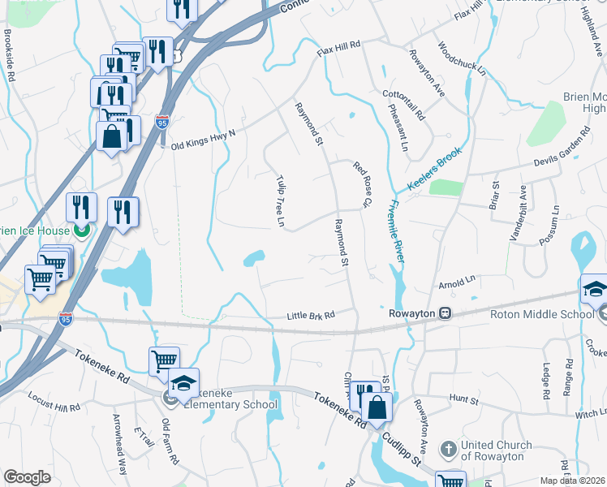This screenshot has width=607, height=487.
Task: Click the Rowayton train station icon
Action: (x=445, y=312)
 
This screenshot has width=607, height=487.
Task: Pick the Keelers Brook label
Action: (x=434, y=170)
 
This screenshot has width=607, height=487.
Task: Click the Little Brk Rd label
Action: (x=312, y=316)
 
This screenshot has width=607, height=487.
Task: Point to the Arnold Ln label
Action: (x=457, y=283)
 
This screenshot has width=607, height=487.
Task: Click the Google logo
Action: (x=27, y=477)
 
